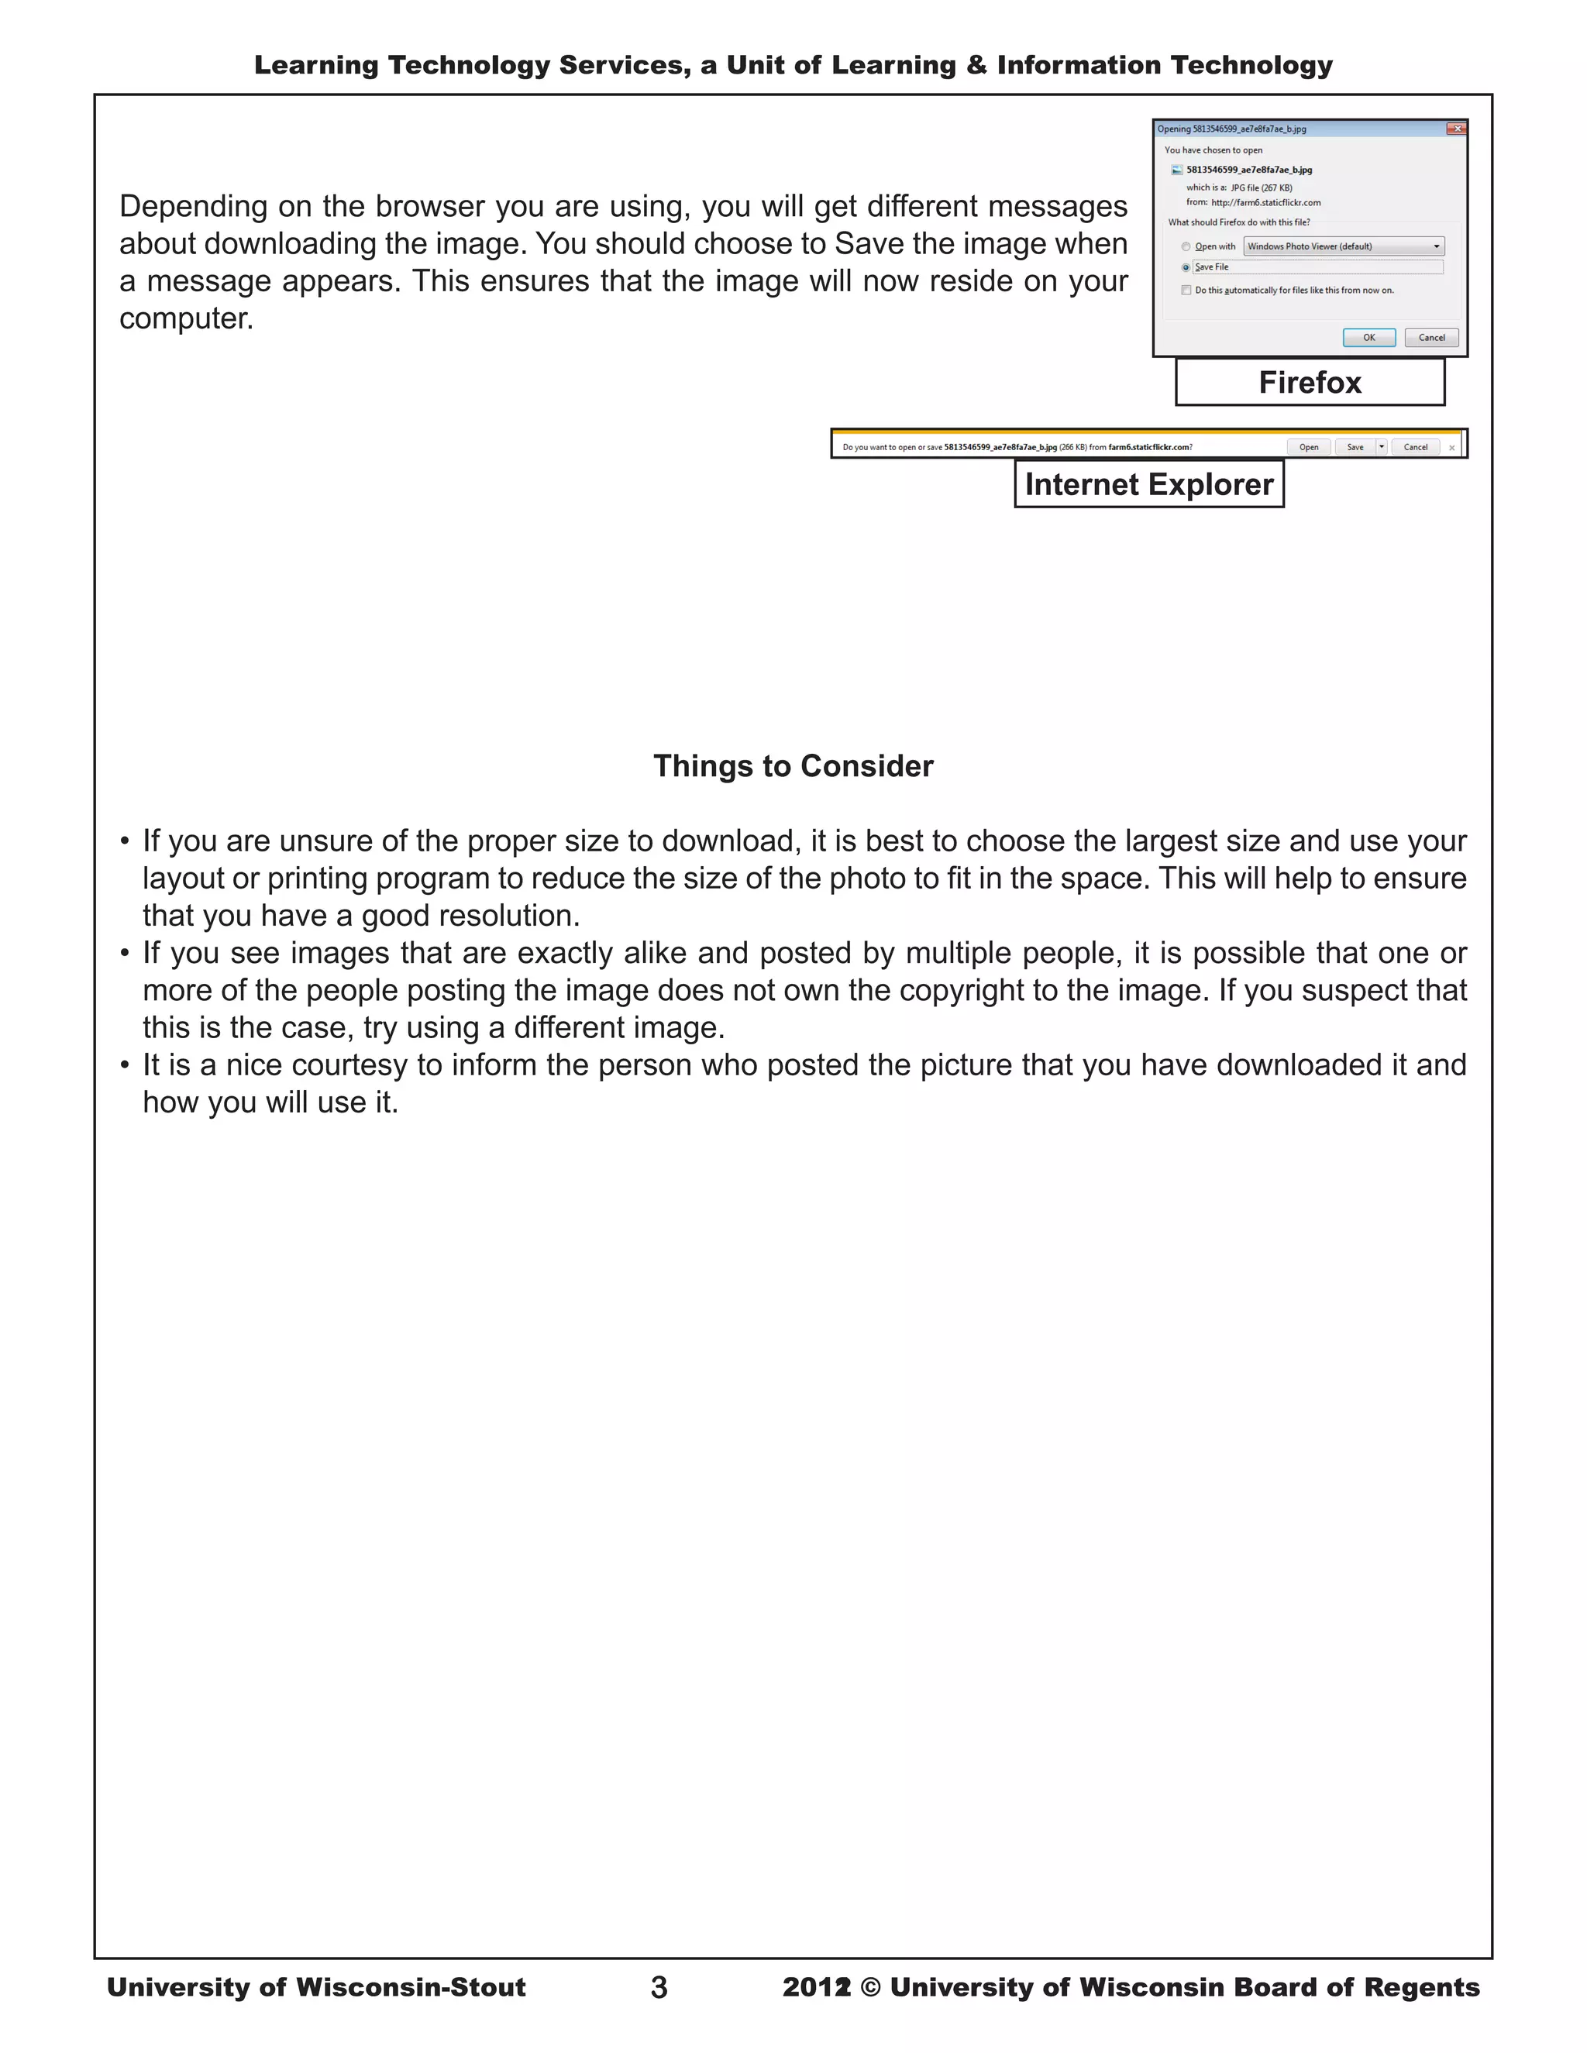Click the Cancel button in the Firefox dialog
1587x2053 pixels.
pyautogui.click(x=1431, y=338)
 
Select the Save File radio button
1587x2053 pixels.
pyautogui.click(x=1186, y=268)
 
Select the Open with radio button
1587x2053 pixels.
pyautogui.click(x=1186, y=247)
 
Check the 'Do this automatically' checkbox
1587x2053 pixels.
pyautogui.click(x=1186, y=291)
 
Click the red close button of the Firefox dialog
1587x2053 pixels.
pyautogui.click(x=1455, y=129)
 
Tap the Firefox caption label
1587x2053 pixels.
pyautogui.click(x=1310, y=383)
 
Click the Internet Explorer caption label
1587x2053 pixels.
pyautogui.click(x=1149, y=484)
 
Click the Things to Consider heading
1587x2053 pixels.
pyautogui.click(x=793, y=766)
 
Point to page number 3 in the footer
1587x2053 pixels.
pyautogui.click(x=659, y=1987)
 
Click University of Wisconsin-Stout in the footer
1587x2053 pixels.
pyautogui.click(x=316, y=1987)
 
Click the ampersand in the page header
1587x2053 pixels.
pyautogui.click(x=977, y=65)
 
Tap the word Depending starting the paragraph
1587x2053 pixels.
pyautogui.click(x=194, y=207)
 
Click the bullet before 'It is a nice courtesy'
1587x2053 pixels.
pyautogui.click(x=125, y=1066)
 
